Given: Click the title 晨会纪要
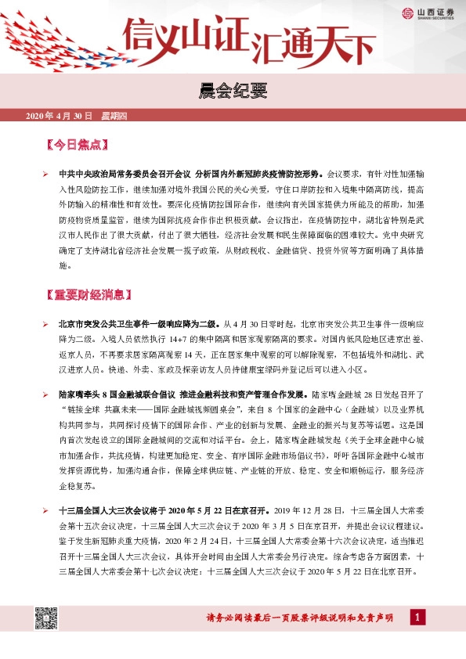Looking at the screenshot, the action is point(233,92).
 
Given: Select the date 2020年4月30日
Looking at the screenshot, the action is point(60,117).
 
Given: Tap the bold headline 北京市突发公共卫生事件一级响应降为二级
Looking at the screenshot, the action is point(139,323).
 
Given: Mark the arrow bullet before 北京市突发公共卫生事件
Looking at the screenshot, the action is point(45,323).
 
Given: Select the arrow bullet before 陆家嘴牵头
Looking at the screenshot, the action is point(45,394).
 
